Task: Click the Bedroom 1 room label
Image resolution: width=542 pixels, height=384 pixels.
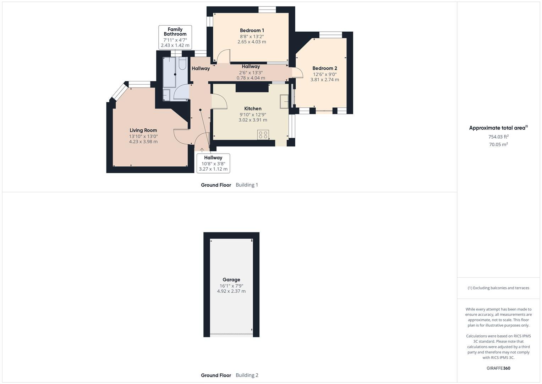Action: tap(252, 31)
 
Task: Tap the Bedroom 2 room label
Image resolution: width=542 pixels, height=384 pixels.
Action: tap(324, 68)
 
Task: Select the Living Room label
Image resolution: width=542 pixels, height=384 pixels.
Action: tap(143, 130)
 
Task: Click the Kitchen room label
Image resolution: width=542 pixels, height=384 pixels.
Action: tap(253, 109)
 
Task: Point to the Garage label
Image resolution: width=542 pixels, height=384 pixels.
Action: tap(231, 280)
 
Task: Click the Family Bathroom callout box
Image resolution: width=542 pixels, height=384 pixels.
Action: tap(175, 37)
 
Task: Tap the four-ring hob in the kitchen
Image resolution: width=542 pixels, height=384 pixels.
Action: tap(263, 135)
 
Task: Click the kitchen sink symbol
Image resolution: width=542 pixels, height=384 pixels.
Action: tap(284, 101)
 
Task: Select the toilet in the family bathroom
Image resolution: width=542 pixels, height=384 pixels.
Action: tap(182, 63)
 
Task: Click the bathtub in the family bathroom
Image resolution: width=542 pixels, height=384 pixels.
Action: tap(170, 72)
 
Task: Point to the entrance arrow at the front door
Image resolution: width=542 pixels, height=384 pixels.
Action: tap(202, 150)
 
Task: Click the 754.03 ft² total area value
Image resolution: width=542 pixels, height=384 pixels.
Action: tap(498, 137)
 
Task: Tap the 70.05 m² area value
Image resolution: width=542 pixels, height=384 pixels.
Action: tap(498, 144)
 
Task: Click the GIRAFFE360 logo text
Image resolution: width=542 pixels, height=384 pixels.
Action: tap(498, 368)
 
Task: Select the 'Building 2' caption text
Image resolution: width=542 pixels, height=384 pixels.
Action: tap(247, 375)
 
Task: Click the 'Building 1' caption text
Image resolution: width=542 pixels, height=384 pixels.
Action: tap(247, 185)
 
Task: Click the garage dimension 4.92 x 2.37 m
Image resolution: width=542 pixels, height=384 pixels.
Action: tap(231, 291)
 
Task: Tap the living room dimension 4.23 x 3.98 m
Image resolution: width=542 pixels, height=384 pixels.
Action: tap(143, 142)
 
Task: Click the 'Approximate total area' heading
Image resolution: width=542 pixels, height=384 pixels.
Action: tap(498, 128)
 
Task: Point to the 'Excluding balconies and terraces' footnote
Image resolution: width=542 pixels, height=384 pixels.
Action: tap(498, 288)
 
